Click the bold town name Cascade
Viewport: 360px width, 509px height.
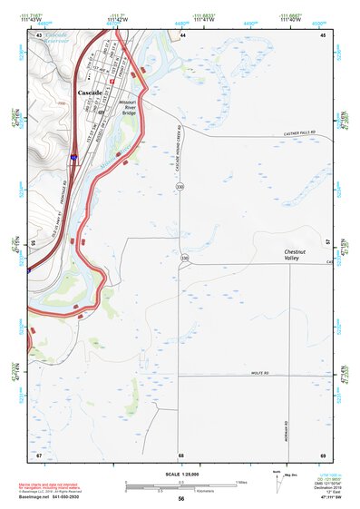pyautogui.click(x=90, y=93)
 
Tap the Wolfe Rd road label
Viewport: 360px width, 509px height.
pyautogui.click(x=262, y=373)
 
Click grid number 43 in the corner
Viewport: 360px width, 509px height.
pyautogui.click(x=39, y=34)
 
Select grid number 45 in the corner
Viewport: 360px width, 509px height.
pyautogui.click(x=323, y=34)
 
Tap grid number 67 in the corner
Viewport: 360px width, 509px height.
pyautogui.click(x=39, y=453)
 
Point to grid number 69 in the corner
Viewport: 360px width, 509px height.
pyautogui.click(x=323, y=453)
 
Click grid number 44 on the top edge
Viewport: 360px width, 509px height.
pyautogui.click(x=182, y=34)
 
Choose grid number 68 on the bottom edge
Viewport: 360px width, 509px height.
pyautogui.click(x=181, y=453)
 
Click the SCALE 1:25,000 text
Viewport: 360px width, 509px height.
pyautogui.click(x=180, y=475)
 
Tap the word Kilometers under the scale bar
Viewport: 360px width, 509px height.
pyautogui.click(x=181, y=489)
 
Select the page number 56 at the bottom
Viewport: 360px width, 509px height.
pyautogui.click(x=180, y=499)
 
